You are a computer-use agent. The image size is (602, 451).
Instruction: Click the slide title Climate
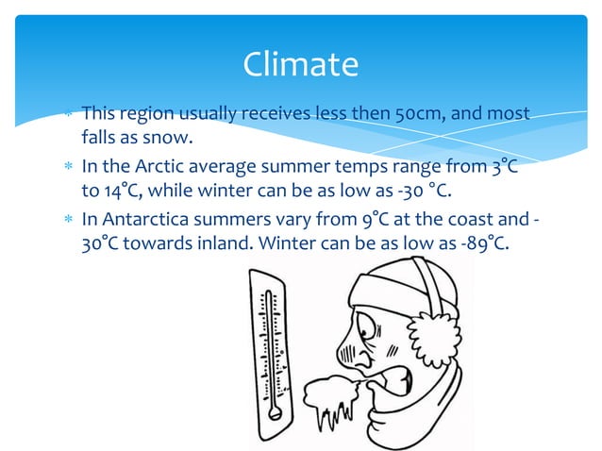tap(300, 64)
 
